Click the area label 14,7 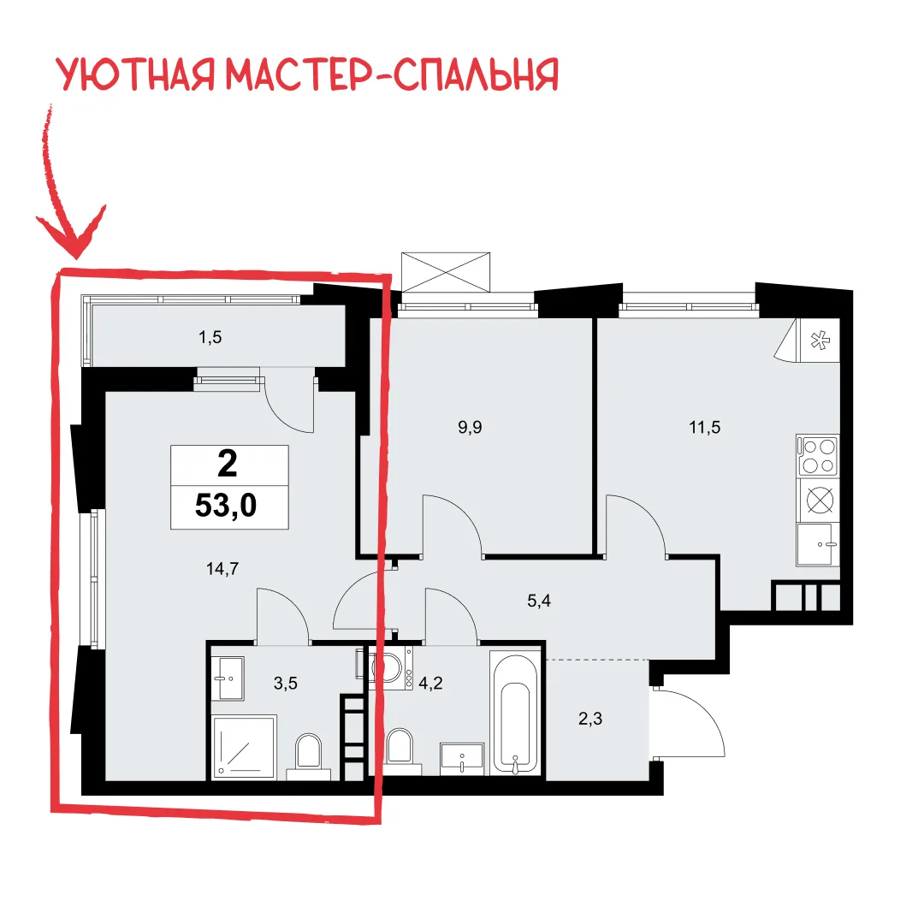coord(222,569)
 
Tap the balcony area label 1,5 coord(210,337)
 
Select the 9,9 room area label coord(470,427)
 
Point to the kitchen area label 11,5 coord(705,427)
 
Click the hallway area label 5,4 coord(539,601)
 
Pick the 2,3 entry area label coord(589,719)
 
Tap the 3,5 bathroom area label coord(285,683)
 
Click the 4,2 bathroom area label coord(430,683)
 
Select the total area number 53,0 coord(226,505)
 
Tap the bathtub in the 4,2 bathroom coord(515,713)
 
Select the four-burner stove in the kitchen coord(818,455)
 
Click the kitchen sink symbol coord(818,544)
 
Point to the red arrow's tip coord(77,258)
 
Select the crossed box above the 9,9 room coord(446,272)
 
